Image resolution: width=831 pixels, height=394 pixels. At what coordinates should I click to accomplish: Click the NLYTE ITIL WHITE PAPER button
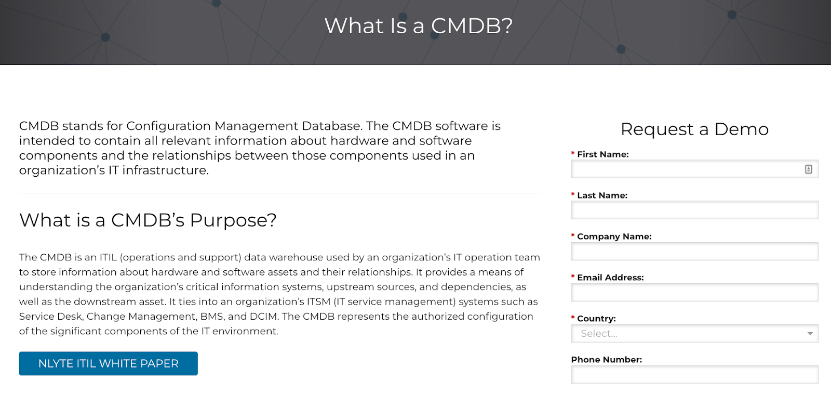coord(109,363)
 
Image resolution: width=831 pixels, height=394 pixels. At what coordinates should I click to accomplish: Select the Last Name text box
coord(694,210)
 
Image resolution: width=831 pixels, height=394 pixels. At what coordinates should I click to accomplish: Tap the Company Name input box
coord(694,252)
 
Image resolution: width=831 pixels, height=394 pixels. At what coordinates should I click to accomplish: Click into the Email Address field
coord(694,292)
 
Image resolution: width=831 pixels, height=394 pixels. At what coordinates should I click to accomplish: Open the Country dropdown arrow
coord(810,334)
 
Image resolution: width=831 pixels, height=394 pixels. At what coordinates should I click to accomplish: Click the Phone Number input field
coord(694,374)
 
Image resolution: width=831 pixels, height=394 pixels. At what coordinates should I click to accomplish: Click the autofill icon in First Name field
coord(808,169)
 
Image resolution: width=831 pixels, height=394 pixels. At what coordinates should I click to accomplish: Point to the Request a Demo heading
coord(694,129)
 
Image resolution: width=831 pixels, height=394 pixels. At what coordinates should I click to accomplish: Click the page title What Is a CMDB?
coord(419,25)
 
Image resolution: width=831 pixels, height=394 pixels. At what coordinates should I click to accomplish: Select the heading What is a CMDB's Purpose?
coord(148,220)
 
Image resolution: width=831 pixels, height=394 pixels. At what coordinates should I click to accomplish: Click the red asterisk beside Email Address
coord(573,277)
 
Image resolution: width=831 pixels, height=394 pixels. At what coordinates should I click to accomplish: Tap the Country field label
coord(596,319)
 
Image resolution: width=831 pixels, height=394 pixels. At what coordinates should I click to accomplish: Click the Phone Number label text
coord(607,360)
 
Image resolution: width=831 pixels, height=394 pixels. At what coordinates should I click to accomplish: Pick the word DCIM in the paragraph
coord(263,317)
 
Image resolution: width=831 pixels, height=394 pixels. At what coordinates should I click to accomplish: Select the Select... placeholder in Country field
coord(599,334)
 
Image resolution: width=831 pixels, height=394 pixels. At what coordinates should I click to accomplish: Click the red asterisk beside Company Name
coord(573,235)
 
